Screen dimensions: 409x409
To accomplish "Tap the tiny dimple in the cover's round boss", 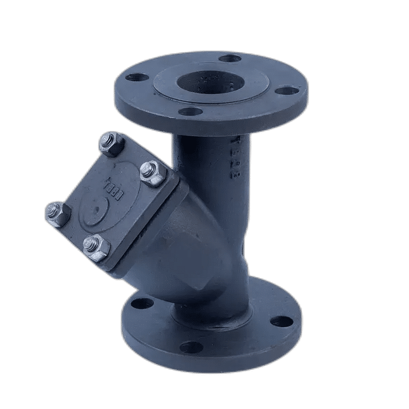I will pyautogui.click(x=96, y=206).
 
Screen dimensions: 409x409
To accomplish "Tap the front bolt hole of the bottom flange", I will pyautogui.click(x=191, y=347).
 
